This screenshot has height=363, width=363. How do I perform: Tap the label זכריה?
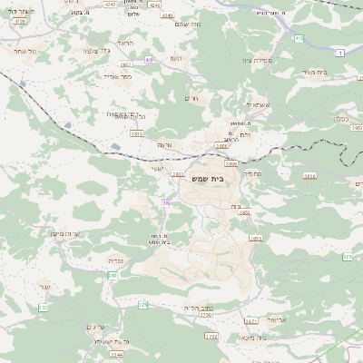[x=115, y=260]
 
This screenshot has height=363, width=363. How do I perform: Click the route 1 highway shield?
[x=338, y=54]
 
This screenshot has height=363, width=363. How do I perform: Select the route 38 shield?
[x=166, y=202]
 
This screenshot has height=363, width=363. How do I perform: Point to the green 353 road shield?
[x=142, y=305]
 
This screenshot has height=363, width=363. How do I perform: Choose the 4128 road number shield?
[x=20, y=20]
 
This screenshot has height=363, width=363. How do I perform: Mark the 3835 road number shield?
[x=136, y=133]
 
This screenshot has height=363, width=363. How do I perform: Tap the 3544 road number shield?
[x=116, y=355]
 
